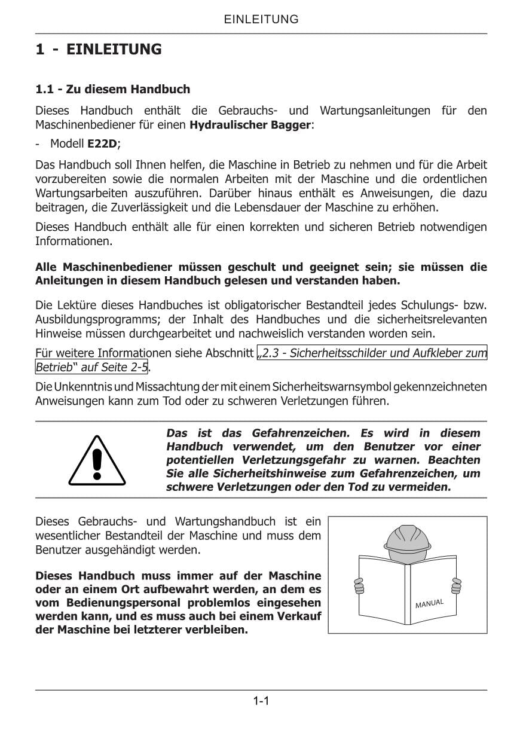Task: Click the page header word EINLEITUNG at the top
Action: [x=261, y=19]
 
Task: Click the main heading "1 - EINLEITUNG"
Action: [x=98, y=49]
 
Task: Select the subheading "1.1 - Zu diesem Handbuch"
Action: [x=112, y=89]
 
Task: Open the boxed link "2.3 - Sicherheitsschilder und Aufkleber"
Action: [x=372, y=353]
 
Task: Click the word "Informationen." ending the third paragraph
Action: [x=74, y=242]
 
